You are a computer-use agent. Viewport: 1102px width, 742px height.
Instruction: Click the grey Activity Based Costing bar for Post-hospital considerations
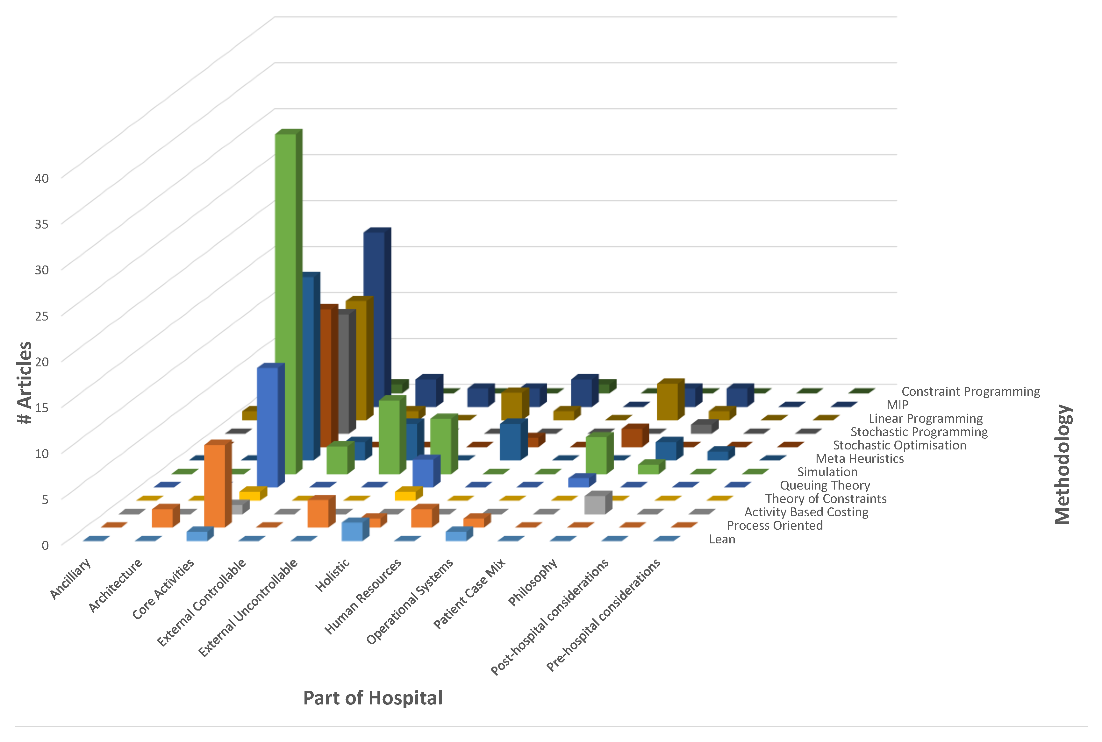[x=595, y=505]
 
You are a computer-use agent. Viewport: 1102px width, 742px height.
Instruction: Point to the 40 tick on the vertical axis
[x=42, y=178]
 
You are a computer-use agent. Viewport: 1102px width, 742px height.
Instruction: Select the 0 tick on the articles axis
[x=45, y=545]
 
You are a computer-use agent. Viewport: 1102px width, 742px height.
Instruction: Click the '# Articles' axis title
[x=25, y=382]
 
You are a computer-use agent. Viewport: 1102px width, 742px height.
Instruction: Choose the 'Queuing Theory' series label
[x=825, y=485]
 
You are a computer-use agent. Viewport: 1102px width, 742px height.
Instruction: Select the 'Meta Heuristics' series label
[x=859, y=459]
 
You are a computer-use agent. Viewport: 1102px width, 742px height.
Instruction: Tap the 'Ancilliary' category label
[x=71, y=578]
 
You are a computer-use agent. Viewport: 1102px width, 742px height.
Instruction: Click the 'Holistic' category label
[x=333, y=575]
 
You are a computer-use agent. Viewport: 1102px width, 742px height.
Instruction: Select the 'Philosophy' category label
[x=533, y=582]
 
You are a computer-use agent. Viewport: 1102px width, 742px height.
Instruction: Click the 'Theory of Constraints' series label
[x=826, y=499]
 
